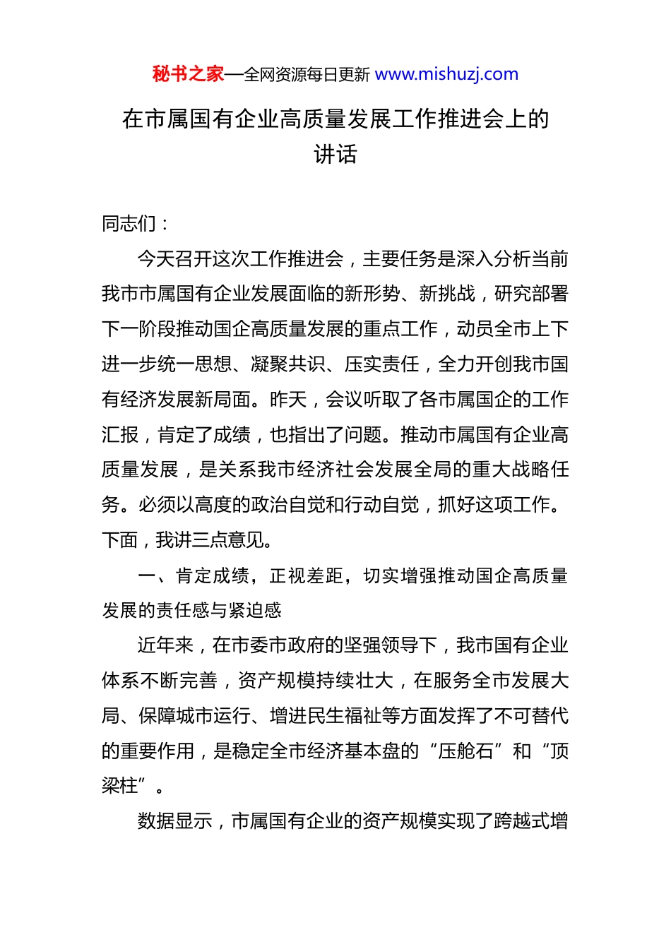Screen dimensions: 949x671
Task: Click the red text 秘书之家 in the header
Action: (x=188, y=74)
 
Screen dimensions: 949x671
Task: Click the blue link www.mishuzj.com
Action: (x=446, y=74)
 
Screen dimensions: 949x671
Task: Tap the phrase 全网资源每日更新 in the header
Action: (x=307, y=75)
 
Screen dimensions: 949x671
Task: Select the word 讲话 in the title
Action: (x=335, y=154)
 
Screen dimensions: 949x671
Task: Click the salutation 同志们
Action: (x=129, y=224)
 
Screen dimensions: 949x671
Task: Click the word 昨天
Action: (x=288, y=400)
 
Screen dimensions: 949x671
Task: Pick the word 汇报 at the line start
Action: (x=120, y=435)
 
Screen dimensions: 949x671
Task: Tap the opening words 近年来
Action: (x=165, y=645)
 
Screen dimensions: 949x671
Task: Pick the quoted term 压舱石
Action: (x=465, y=751)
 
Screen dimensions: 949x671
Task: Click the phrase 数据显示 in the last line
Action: (x=174, y=821)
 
